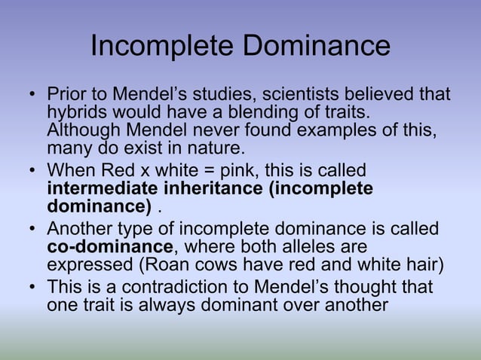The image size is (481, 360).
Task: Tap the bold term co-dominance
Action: point(110,247)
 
